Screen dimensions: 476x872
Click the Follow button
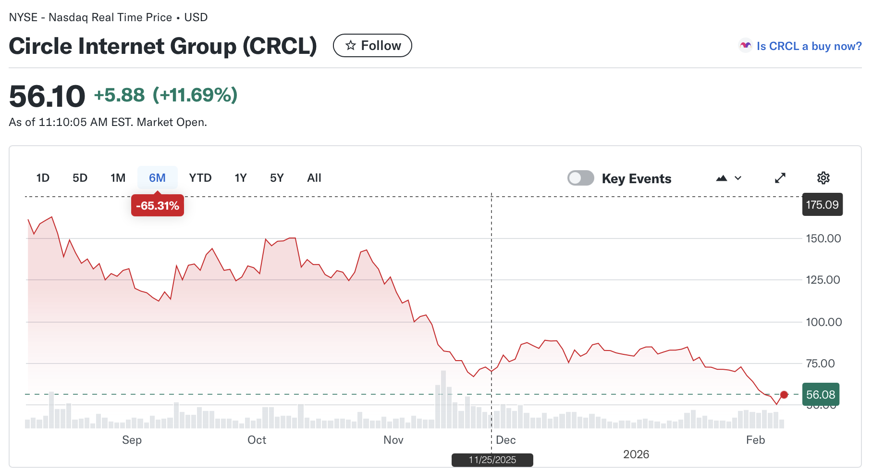click(x=372, y=46)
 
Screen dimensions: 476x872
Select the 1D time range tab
click(x=43, y=178)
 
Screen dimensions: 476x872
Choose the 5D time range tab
click(x=80, y=178)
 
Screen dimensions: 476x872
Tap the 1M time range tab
click(x=118, y=178)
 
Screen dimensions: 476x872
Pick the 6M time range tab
click(x=157, y=178)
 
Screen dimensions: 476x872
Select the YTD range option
click(x=200, y=178)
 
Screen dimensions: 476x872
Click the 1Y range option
click(x=240, y=178)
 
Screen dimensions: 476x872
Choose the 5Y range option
click(x=277, y=178)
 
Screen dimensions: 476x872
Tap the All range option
click(x=314, y=178)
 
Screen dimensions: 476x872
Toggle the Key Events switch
click(x=581, y=178)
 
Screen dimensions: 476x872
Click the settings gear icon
click(x=823, y=178)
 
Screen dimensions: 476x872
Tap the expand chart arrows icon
click(x=780, y=178)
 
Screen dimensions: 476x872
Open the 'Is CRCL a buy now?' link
click(x=809, y=46)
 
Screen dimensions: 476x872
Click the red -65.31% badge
click(x=158, y=206)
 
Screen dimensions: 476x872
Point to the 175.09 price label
click(x=822, y=205)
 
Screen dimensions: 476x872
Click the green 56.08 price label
click(x=821, y=395)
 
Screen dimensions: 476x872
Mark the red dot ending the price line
click(x=784, y=395)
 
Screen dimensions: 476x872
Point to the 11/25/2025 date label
click(x=492, y=460)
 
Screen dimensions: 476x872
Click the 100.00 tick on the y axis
click(x=823, y=322)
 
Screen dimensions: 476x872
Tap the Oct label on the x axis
click(x=257, y=440)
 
